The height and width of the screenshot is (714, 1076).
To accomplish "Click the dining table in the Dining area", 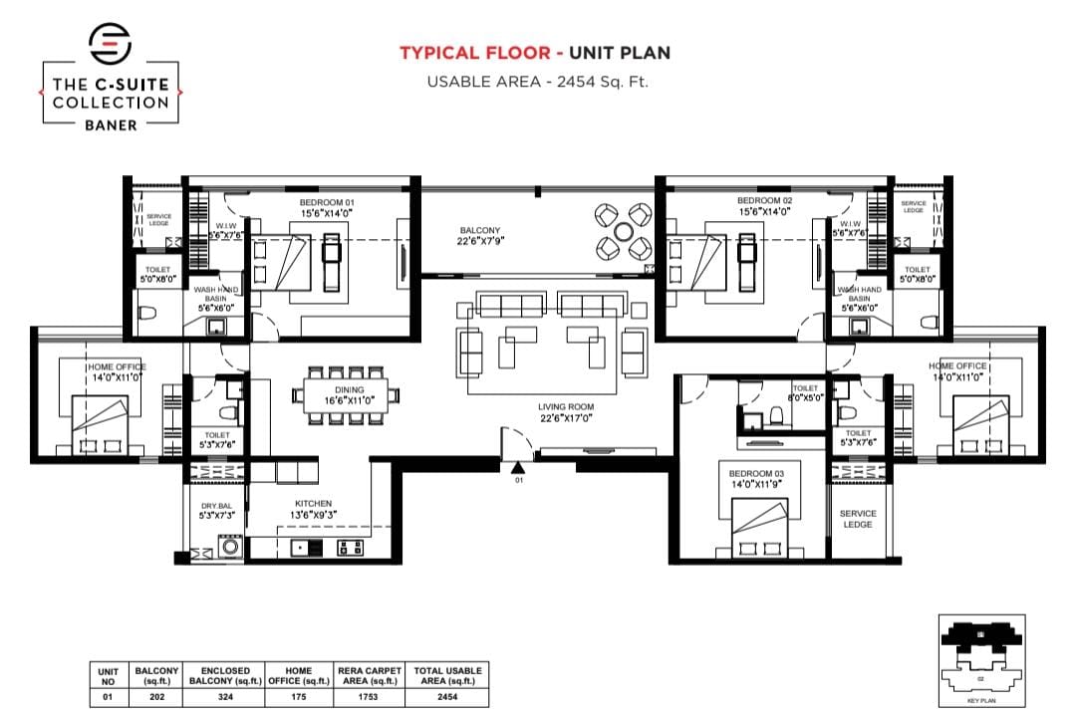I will click(349, 395).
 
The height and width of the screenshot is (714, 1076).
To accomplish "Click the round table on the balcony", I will click(623, 230).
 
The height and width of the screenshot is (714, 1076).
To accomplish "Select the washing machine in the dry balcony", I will click(231, 545).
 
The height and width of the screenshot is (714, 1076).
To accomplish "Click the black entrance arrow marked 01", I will click(517, 467).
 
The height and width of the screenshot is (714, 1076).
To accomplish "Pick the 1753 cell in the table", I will click(369, 697).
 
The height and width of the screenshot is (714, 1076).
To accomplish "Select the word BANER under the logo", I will click(110, 125).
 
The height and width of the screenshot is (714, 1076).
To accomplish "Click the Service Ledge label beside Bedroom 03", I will click(858, 519).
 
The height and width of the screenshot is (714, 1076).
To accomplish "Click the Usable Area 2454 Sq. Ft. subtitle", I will click(537, 82).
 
